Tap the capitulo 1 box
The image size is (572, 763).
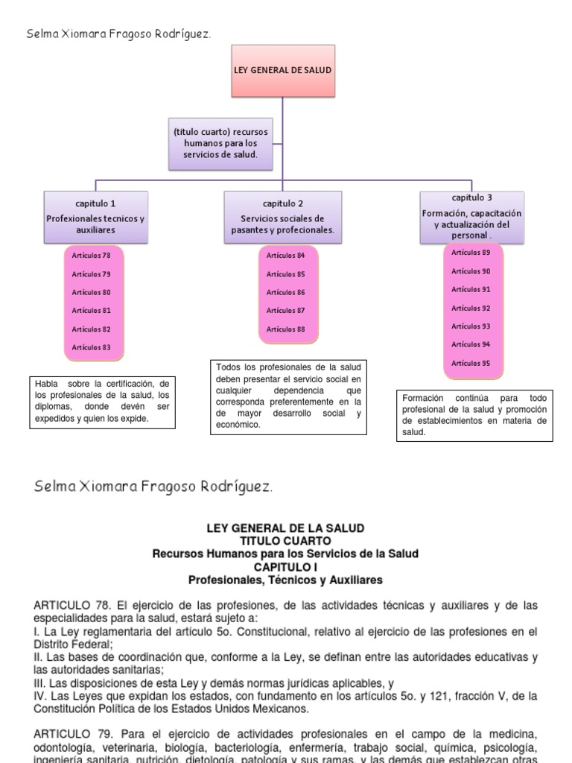(95, 217)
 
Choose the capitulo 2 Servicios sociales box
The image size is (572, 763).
(282, 217)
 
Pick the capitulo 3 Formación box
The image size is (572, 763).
(471, 217)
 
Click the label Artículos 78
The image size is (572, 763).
(91, 256)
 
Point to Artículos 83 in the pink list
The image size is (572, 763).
(91, 347)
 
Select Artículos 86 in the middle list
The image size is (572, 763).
(286, 292)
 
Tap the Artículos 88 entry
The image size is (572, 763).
(286, 329)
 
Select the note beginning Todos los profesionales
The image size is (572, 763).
(288, 396)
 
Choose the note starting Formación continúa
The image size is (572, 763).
(474, 414)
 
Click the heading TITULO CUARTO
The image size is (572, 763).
(285, 540)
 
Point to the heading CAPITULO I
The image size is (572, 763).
(285, 566)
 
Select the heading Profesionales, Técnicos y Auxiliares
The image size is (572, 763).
(285, 579)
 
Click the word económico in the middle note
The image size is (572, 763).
(239, 425)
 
